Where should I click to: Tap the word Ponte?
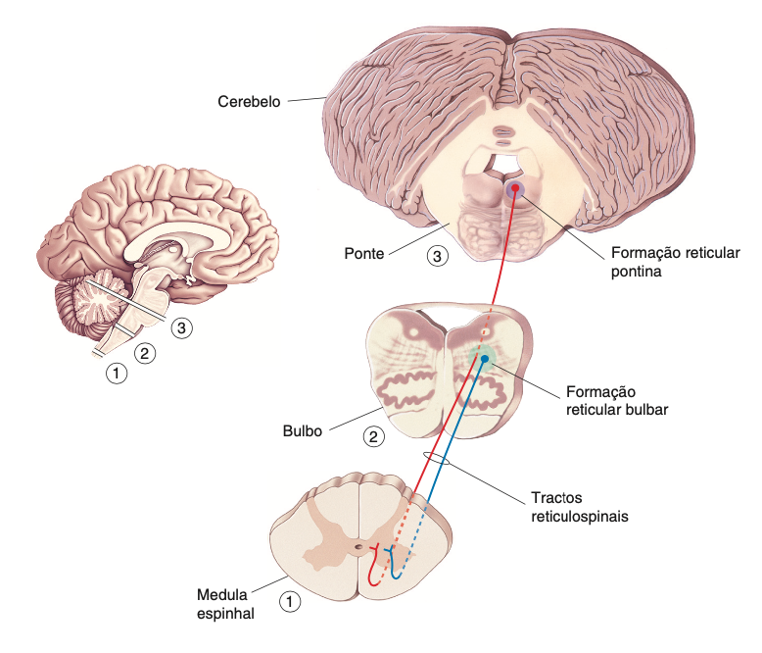click(x=363, y=253)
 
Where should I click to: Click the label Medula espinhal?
click(x=225, y=605)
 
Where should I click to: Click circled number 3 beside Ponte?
click(x=438, y=257)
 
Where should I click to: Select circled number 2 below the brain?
click(x=146, y=353)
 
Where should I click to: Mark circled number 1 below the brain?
click(x=117, y=373)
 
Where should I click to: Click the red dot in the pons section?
click(x=512, y=189)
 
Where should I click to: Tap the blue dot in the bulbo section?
click(x=484, y=360)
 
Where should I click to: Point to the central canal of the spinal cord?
click(x=358, y=546)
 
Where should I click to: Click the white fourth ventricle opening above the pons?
click(x=501, y=159)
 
